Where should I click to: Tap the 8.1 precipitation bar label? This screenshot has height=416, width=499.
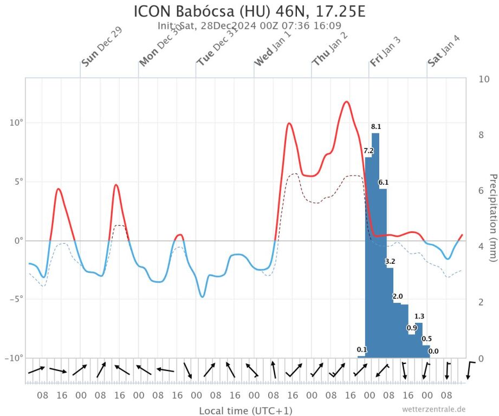pos(376,127)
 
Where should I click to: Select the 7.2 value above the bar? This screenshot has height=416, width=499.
pos(368,151)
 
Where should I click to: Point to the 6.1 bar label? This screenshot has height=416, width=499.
pos(383,182)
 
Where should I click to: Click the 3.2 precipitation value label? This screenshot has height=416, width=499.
pos(390,262)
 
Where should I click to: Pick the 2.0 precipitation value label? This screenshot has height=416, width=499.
pos(398,296)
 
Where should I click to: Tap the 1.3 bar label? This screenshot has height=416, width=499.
pos(419,316)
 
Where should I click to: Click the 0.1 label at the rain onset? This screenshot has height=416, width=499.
pos(362,349)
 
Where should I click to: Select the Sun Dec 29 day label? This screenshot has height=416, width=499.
pos(101,47)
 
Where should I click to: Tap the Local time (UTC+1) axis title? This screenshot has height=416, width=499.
pos(245,411)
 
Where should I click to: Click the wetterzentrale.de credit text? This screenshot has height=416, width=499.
pos(433,409)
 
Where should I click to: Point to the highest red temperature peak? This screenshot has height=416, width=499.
pos(346,102)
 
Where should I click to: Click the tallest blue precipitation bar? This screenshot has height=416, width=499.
pos(375,244)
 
